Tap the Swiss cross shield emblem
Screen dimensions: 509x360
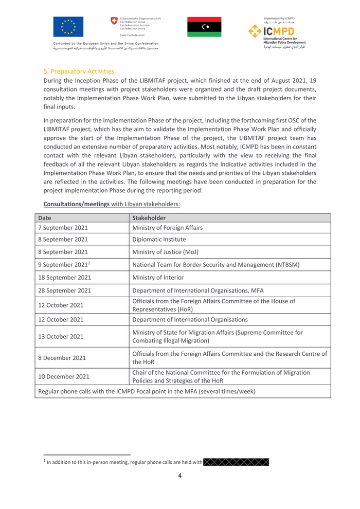pos(114,21)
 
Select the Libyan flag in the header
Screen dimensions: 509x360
pos(204,27)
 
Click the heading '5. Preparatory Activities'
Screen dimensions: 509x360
pos(79,71)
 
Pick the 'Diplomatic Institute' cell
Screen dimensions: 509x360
pos(159,240)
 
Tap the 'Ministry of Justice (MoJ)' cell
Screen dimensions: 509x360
pos(165,252)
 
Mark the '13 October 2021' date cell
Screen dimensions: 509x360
pos(61,337)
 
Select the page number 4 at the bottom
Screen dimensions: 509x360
pos(179,476)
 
